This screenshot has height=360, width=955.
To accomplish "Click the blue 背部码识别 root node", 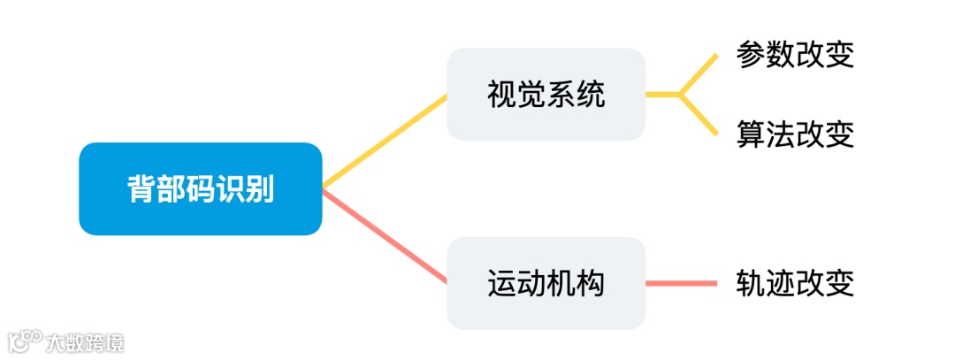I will coord(200,188).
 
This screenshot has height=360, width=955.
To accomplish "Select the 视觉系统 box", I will coord(546,94).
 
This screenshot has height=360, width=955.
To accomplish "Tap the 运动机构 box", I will coord(546,283).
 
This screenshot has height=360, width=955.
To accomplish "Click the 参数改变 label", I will coord(795,56).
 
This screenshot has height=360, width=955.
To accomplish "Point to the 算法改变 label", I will coord(795,134).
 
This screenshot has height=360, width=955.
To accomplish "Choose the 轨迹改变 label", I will coord(795,283).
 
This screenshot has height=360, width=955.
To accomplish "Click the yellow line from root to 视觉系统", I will coord(385,142).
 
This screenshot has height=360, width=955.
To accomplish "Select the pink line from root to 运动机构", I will coord(385,236).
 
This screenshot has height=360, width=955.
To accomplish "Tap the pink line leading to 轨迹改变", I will coord(681,283).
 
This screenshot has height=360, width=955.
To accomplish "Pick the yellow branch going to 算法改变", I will coord(699,114).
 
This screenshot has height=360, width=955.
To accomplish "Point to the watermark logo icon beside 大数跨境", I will coord(26,341).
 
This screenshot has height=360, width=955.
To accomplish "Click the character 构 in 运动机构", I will coord(591,283).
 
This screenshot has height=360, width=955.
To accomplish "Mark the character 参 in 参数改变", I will coord(751,56).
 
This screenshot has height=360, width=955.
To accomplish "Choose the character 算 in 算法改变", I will coord(751,134).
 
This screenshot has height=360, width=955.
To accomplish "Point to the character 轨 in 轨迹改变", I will coord(751,283).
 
